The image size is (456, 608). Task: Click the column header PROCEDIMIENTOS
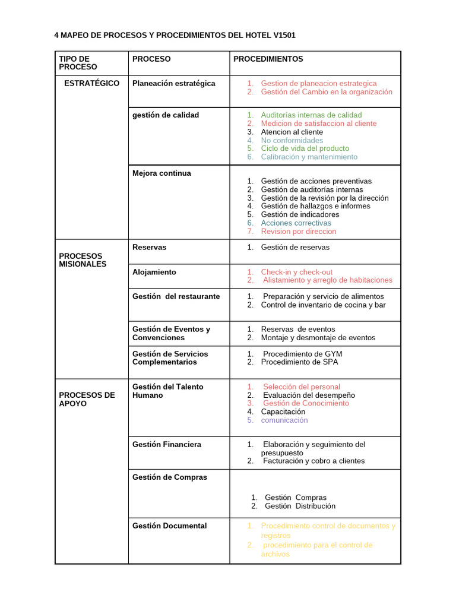point(268,59)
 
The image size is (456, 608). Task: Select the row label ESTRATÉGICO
point(91,83)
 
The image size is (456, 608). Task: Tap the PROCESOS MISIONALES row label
point(83,260)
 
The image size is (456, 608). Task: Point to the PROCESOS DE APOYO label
point(87,399)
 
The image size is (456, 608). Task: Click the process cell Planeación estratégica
point(173,83)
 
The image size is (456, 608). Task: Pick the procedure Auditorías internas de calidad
point(311,115)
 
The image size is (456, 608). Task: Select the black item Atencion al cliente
point(292,132)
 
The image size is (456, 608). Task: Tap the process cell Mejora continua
point(161,173)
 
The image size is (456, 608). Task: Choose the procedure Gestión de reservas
point(295,247)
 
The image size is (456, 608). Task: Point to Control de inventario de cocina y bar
point(323,305)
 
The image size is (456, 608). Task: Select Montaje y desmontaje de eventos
point(318,337)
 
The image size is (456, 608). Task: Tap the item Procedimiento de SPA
point(299,362)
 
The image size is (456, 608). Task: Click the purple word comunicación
point(284,420)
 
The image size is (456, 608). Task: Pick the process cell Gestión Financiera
point(166,444)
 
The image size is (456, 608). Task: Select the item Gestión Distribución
point(300,506)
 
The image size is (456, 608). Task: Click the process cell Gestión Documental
point(169,525)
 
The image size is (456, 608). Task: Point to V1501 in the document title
point(284,36)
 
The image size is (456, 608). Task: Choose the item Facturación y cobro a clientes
point(313,461)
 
